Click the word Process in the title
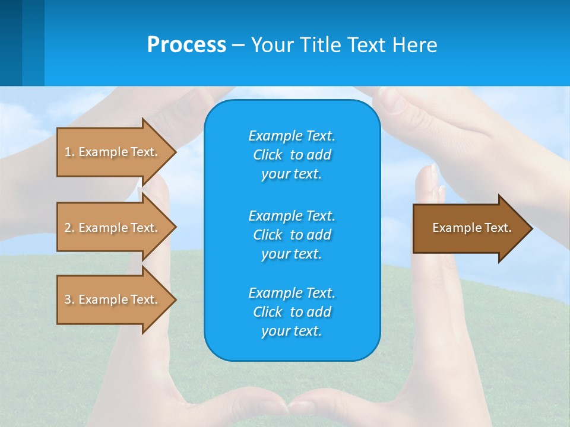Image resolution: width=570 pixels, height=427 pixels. tap(186, 45)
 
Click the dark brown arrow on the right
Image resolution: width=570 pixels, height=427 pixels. tap(469, 228)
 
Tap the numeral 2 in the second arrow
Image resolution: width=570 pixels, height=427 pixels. tap(68, 228)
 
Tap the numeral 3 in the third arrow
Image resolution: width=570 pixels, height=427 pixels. tap(68, 299)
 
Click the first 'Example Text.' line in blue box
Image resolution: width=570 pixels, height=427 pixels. tap(292, 136)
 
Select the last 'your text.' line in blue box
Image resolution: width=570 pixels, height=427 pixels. tap(292, 331)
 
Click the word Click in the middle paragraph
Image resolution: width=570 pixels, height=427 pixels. tap(268, 235)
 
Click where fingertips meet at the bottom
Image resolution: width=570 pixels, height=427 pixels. tap(289, 408)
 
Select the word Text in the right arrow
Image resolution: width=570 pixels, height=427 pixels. tap(498, 228)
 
